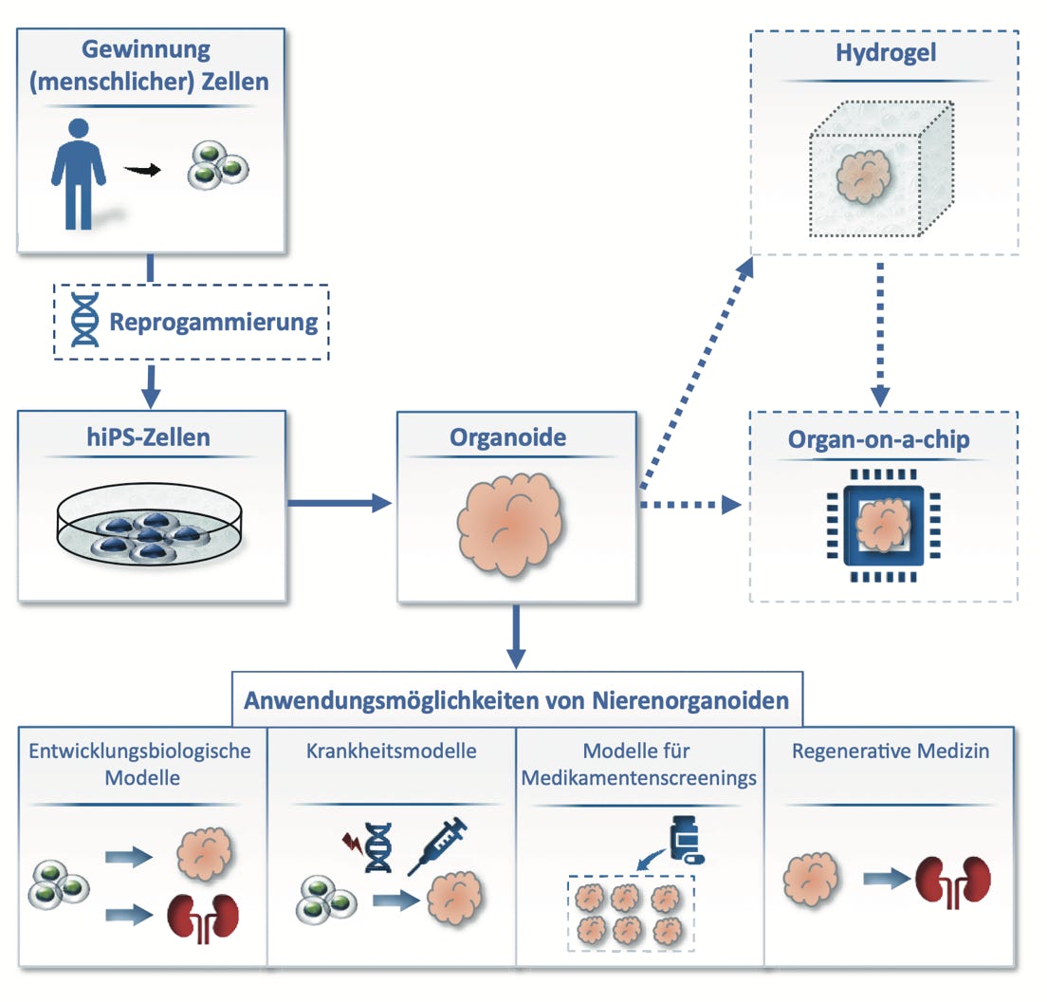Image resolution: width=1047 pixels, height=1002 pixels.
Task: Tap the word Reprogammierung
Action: (213, 322)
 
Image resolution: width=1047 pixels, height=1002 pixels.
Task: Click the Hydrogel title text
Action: (886, 52)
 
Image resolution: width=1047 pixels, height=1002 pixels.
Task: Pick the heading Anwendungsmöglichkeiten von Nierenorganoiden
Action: (517, 701)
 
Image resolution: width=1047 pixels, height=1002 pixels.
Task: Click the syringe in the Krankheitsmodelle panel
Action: (438, 844)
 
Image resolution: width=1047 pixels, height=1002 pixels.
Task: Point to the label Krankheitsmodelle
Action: (392, 751)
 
